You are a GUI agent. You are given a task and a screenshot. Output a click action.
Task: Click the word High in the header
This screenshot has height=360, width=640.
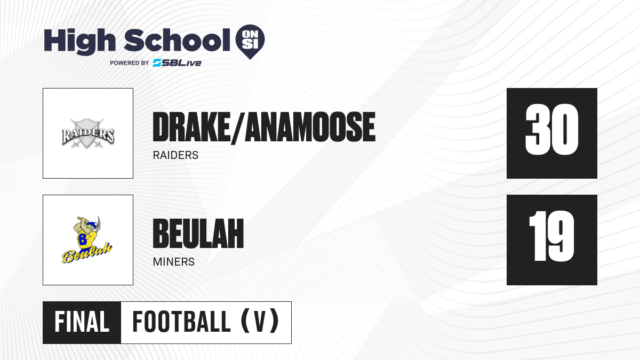click(79, 41)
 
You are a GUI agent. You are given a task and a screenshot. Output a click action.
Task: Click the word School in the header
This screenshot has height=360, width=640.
click(177, 40)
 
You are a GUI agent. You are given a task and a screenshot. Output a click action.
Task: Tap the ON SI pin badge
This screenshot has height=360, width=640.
click(250, 42)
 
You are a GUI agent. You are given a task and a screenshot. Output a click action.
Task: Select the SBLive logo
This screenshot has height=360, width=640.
click(177, 63)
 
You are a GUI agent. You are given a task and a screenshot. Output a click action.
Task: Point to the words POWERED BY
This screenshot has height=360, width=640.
click(130, 63)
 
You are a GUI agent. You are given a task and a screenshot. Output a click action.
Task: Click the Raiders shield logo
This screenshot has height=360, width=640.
click(88, 133)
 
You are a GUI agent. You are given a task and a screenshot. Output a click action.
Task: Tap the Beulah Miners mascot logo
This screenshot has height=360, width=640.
click(87, 240)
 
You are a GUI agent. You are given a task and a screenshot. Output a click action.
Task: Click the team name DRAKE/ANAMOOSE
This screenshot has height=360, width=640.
click(264, 127)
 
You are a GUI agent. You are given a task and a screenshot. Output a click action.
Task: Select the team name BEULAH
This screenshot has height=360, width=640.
click(198, 234)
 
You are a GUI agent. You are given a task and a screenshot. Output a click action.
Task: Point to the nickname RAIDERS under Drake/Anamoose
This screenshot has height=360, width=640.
click(175, 155)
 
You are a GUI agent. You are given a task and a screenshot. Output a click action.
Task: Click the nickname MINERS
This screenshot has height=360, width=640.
click(174, 262)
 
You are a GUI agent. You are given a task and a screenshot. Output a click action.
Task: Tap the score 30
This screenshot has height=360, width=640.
click(551, 130)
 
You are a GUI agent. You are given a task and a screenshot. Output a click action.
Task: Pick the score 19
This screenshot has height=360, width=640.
click(551, 236)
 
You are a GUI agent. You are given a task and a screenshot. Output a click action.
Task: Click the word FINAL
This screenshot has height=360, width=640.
click(82, 322)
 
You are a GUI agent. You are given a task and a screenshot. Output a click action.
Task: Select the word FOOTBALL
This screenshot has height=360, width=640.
click(181, 322)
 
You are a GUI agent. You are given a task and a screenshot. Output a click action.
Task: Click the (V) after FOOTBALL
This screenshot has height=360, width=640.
click(260, 321)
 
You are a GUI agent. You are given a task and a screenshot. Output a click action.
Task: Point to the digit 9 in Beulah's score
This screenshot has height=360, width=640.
click(561, 236)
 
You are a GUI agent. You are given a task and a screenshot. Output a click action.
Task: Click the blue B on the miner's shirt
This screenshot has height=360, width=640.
click(83, 239)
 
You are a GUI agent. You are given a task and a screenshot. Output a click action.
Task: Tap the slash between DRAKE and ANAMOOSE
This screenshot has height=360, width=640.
click(238, 127)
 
